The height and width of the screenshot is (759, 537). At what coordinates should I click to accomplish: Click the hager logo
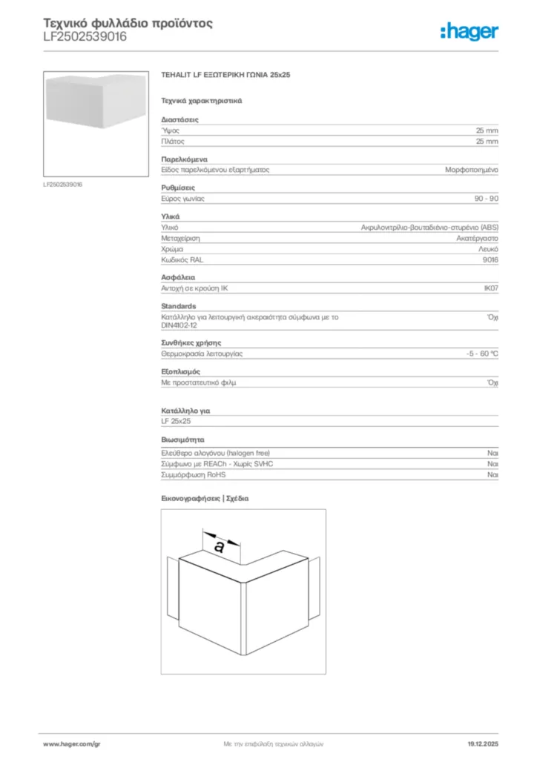click(469, 31)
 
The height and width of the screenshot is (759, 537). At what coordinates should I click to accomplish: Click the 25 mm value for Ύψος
click(487, 130)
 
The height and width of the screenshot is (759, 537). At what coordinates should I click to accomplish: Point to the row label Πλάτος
click(173, 141)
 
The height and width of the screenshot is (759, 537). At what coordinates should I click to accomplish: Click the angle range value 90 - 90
click(486, 199)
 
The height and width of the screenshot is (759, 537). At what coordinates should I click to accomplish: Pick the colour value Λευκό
click(488, 250)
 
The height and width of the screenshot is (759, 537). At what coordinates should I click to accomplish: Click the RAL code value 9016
click(490, 260)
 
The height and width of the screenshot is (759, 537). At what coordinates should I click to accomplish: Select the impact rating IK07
click(490, 289)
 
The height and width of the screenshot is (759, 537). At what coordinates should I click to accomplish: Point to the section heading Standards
click(179, 306)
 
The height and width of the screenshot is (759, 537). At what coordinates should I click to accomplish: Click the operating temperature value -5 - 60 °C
click(477, 354)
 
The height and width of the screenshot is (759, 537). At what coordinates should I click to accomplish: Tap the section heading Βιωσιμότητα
click(183, 440)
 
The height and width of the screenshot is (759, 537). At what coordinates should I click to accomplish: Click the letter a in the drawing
click(219, 547)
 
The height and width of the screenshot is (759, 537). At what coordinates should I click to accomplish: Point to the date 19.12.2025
click(483, 743)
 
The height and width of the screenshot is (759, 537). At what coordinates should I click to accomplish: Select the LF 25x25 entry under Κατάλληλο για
click(176, 421)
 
